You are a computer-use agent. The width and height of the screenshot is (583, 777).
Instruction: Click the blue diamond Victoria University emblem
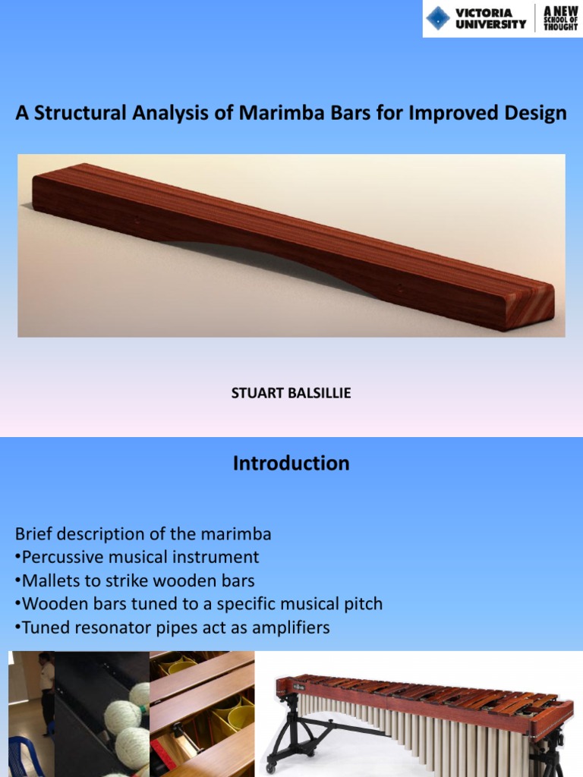pos(438,18)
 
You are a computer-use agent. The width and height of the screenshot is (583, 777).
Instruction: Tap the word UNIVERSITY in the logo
pos(490,24)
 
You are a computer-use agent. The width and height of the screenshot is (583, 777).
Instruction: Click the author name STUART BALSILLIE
pos(291,394)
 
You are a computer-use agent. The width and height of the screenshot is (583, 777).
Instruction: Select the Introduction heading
pos(291,464)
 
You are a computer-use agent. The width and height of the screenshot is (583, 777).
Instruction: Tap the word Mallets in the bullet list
pos(49,580)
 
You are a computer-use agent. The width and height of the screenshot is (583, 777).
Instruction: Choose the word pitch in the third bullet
pos(363,604)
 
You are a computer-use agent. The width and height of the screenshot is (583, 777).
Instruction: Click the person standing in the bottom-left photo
pos(46,690)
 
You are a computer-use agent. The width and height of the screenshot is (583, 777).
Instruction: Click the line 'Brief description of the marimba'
pos(143,533)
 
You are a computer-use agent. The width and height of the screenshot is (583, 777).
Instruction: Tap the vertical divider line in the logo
pos(536,18)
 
